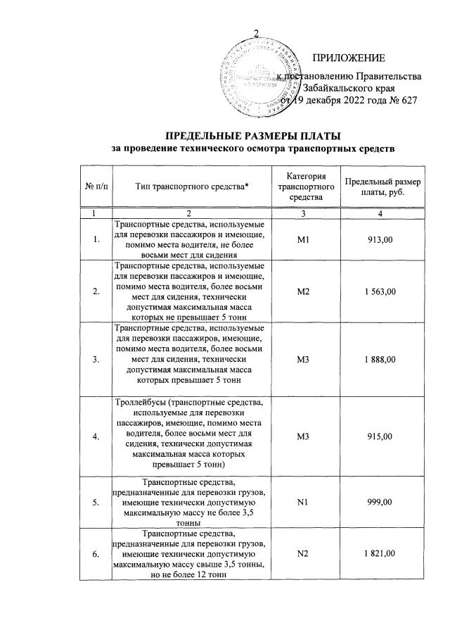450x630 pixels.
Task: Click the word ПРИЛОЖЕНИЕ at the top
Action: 348,57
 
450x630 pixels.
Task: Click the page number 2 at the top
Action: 257,32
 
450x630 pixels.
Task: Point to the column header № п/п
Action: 96,187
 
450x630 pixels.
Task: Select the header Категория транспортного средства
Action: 304,186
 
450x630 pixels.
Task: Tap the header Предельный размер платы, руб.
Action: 382,187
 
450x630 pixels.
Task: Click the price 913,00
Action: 382,239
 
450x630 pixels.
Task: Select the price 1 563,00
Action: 382,291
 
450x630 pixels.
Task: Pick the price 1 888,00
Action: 382,359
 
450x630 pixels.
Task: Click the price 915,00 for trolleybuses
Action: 382,436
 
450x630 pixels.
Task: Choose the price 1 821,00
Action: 382,553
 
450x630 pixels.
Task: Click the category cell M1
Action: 304,239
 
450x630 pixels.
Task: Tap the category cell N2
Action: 304,553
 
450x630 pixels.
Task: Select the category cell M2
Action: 304,291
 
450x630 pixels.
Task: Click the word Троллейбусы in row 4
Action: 141,403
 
